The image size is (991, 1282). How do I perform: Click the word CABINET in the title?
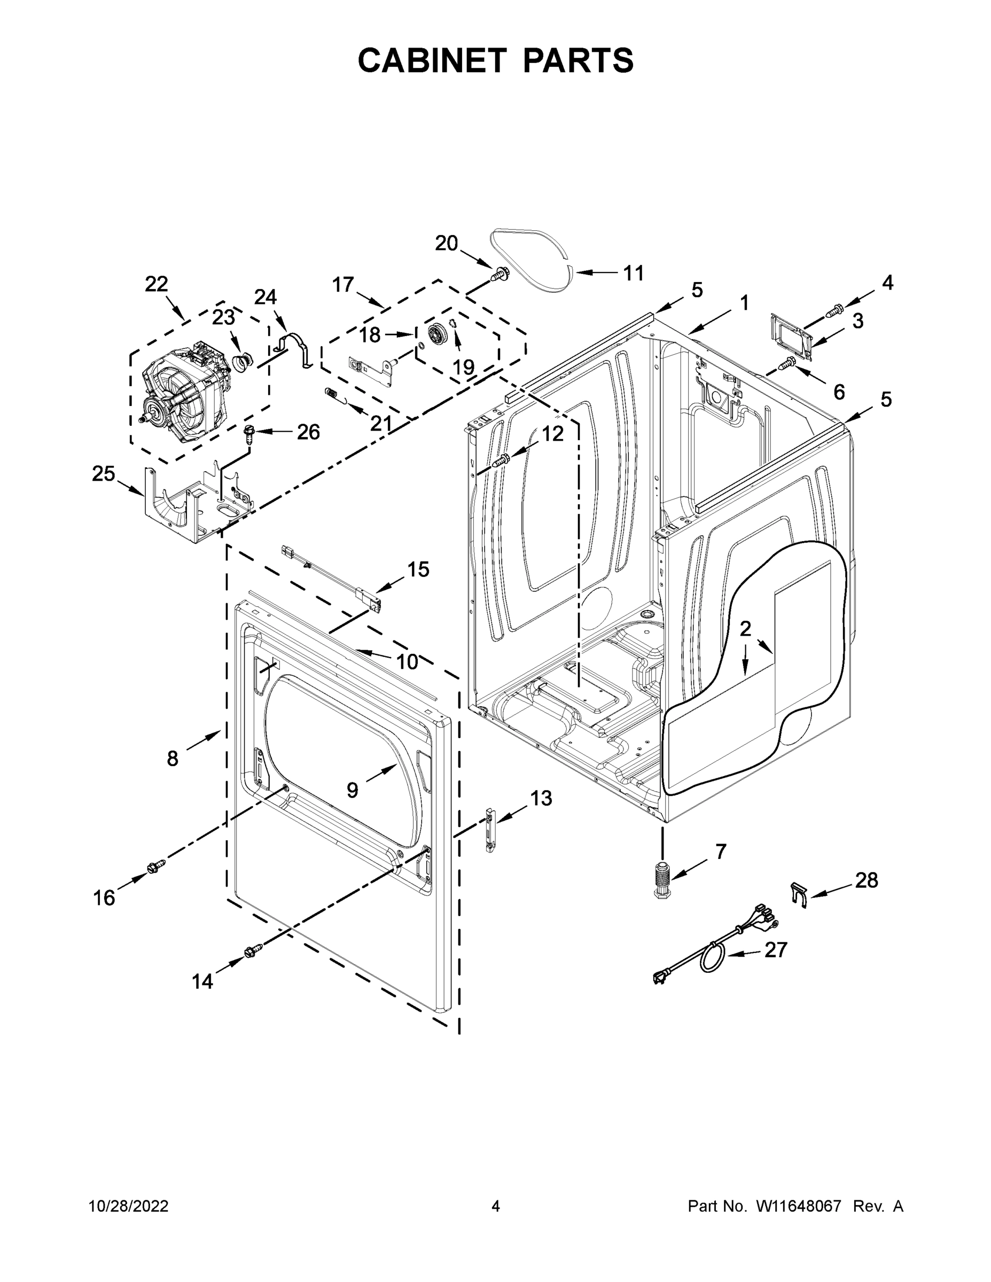pos(432,60)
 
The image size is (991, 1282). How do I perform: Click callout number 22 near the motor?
pos(156,284)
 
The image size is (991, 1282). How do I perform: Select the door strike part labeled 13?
pos(490,829)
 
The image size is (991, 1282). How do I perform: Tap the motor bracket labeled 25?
pos(194,499)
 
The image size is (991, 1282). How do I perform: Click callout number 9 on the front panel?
pos(352,790)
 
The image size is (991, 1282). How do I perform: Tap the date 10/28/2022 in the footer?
pos(129,1206)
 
